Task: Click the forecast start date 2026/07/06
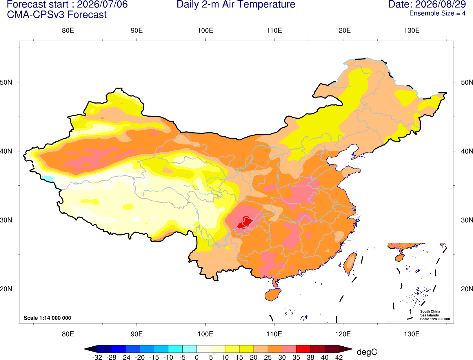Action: (102, 4)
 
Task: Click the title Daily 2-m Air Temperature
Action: (236, 4)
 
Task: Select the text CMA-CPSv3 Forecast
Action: (57, 15)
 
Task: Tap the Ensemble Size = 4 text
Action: (437, 13)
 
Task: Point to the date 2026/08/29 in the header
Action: (441, 4)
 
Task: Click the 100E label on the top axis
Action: (205, 30)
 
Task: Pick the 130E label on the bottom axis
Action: (412, 334)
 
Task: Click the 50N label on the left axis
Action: (6, 82)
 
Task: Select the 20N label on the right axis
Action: (467, 289)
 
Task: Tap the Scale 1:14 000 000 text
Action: (48, 318)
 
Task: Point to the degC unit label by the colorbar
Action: (367, 352)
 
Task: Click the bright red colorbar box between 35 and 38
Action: (303, 349)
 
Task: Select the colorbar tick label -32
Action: (97, 357)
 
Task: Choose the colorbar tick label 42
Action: (339, 357)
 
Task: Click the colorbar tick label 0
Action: (197, 357)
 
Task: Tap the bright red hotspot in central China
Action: (245, 222)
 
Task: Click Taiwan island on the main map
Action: (350, 264)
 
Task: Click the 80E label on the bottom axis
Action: (68, 334)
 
